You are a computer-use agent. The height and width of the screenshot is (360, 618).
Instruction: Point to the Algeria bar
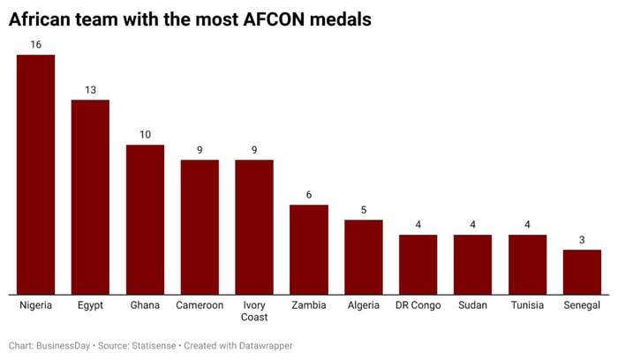tap(364, 257)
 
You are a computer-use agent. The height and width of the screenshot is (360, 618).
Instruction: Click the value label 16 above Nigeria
tap(36, 44)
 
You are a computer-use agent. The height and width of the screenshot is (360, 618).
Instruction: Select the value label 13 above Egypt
tap(90, 89)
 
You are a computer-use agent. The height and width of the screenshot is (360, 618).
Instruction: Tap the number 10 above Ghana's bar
tap(145, 134)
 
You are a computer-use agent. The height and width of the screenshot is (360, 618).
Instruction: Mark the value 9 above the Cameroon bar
tap(200, 149)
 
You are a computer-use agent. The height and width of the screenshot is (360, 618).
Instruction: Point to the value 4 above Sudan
tap(472, 224)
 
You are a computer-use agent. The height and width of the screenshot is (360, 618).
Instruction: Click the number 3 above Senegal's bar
tap(582, 239)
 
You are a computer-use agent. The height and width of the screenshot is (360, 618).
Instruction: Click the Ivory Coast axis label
tap(254, 311)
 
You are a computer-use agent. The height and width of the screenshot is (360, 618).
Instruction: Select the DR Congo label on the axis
tap(418, 305)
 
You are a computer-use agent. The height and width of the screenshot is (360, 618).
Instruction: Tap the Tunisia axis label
tap(527, 305)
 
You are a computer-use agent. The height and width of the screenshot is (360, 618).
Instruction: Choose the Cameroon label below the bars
tap(200, 305)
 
